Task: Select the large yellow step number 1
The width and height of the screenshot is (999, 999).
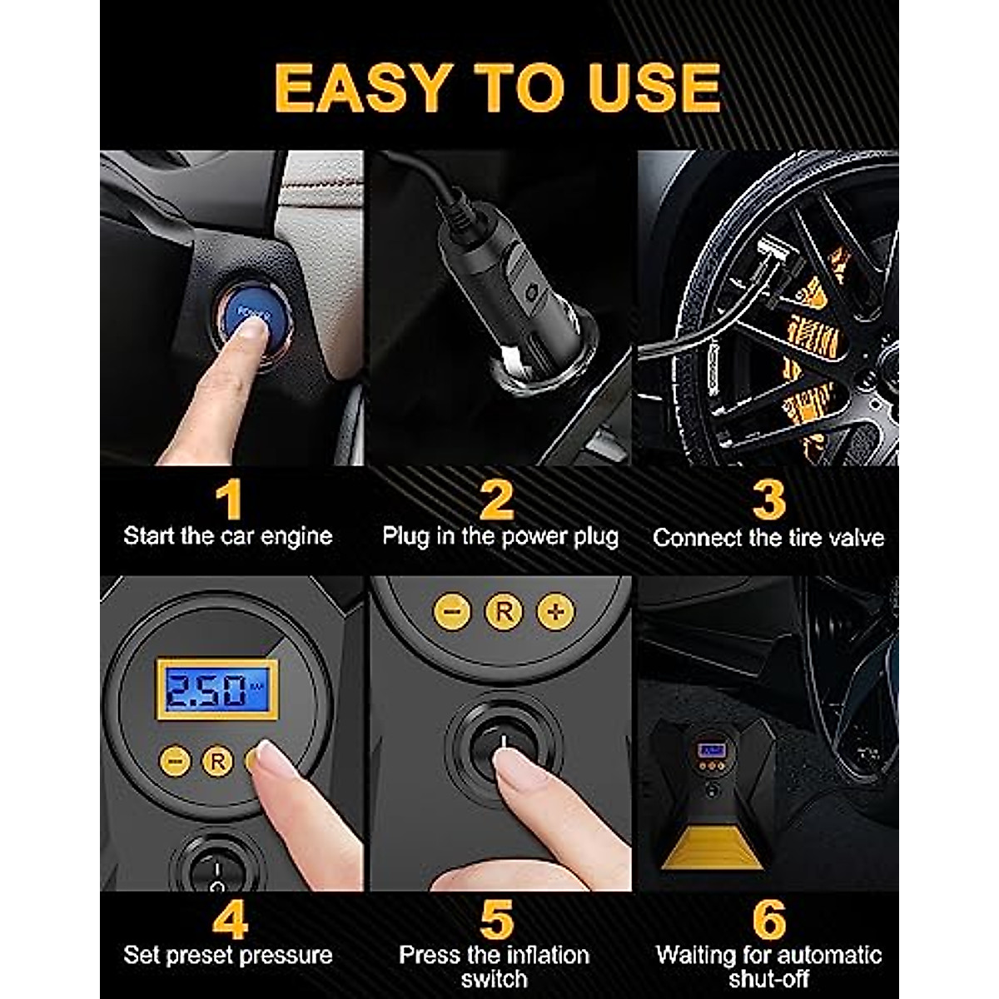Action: click(x=228, y=499)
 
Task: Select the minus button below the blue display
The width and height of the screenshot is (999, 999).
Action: click(x=175, y=761)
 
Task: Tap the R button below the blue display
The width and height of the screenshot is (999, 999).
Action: click(x=217, y=761)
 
